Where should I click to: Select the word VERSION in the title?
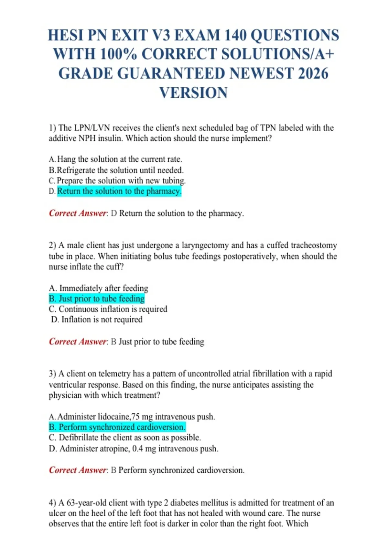coord(194,93)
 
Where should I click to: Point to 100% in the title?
coord(119,54)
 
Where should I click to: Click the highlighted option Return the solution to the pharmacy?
coord(119,191)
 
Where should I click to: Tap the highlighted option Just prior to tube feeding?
coord(97,298)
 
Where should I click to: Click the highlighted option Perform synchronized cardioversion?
coord(117,427)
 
